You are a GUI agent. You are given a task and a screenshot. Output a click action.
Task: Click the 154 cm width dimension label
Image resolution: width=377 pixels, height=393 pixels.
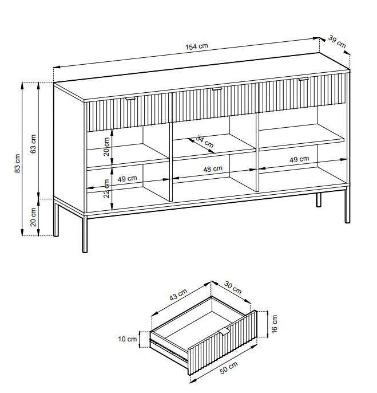[197, 46]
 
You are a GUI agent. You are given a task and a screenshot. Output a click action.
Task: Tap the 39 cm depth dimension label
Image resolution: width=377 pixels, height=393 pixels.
[337, 42]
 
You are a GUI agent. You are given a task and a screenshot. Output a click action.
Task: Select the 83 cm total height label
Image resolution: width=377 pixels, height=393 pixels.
[18, 163]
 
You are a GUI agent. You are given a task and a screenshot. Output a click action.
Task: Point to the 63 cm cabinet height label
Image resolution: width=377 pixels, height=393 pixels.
[33, 144]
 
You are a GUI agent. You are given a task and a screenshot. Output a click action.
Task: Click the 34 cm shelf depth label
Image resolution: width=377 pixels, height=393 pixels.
[205, 142]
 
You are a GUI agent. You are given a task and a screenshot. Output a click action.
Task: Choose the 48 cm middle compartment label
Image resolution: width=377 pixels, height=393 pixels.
[213, 169]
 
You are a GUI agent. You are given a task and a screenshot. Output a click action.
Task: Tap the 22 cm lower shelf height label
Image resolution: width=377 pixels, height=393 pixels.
[106, 188]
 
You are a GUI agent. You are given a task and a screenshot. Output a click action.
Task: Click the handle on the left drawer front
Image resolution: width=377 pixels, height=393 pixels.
[130, 99]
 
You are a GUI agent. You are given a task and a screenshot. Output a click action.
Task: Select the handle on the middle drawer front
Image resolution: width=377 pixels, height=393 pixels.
[217, 89]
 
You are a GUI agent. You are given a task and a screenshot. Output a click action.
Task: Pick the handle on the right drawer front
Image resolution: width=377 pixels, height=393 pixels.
[303, 79]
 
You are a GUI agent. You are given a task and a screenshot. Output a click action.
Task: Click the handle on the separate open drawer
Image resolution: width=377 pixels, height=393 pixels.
[224, 331]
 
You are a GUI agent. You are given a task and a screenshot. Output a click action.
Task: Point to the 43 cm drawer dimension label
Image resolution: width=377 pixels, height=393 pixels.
[178, 294]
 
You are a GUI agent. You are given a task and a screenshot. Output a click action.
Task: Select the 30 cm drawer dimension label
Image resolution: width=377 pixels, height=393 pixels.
[233, 288]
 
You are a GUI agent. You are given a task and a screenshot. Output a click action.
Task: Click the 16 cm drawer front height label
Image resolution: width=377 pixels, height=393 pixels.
[275, 324]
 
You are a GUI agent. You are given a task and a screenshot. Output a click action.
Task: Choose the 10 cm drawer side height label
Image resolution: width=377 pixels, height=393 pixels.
[128, 339]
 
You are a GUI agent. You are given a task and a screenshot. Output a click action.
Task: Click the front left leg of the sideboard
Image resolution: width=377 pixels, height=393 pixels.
[85, 234]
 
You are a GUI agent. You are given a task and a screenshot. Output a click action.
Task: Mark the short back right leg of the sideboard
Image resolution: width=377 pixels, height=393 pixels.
[319, 200]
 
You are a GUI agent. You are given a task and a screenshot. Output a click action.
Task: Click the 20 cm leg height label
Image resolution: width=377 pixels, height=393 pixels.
[33, 217]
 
